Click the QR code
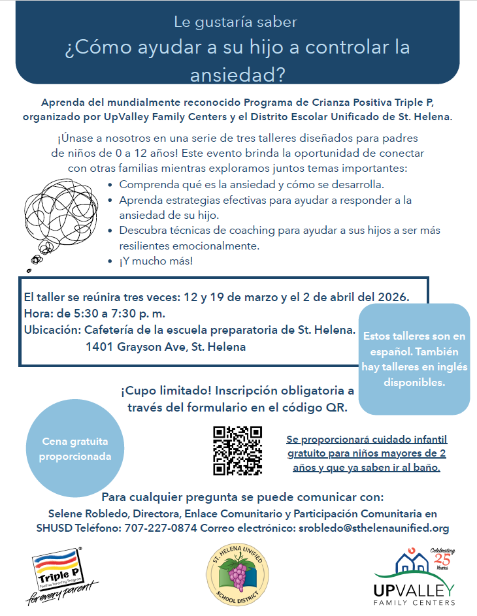coord(238,450)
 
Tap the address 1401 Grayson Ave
coord(165,347)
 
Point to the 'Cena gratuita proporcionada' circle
coord(74,449)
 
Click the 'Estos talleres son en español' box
coord(414,359)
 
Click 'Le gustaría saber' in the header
coord(235,22)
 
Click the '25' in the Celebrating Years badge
coord(442,560)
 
